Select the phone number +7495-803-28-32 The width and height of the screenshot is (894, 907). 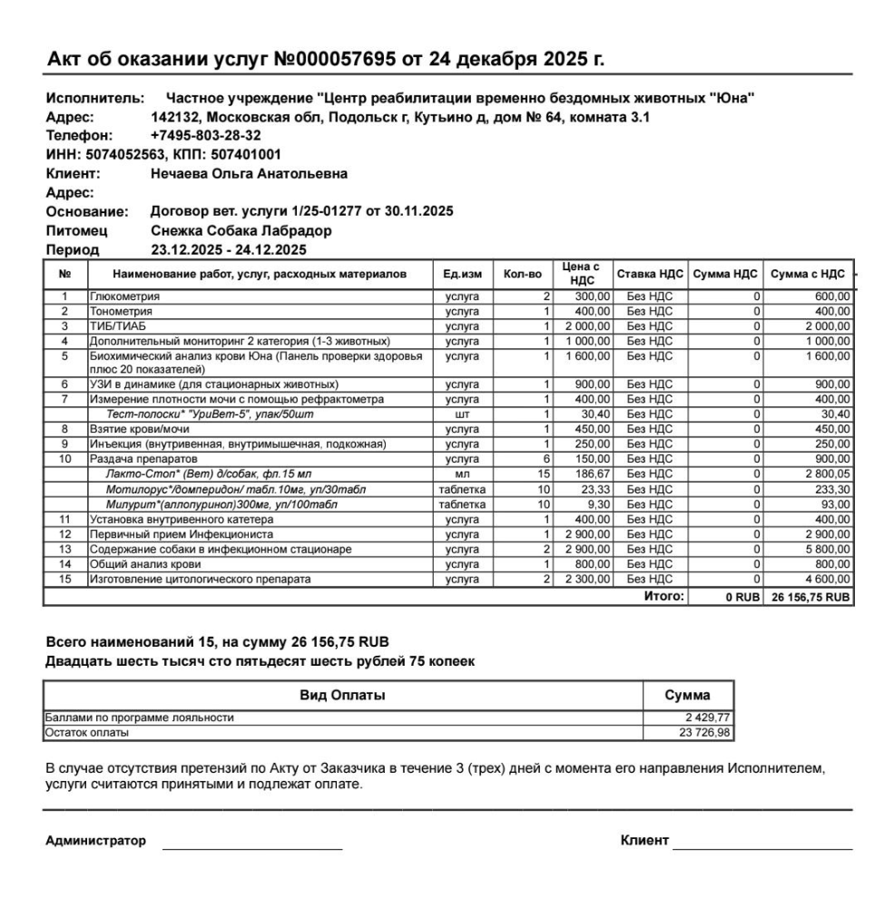click(x=205, y=135)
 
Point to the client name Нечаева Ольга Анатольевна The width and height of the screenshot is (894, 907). click(x=248, y=173)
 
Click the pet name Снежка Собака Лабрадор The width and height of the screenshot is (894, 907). click(x=241, y=230)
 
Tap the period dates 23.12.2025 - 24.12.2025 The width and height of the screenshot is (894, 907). click(x=228, y=249)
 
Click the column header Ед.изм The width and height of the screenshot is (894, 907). click(x=462, y=274)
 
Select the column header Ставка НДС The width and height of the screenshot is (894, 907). click(x=650, y=274)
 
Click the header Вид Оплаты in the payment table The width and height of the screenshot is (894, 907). click(x=342, y=696)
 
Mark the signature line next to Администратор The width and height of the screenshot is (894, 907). click(x=251, y=847)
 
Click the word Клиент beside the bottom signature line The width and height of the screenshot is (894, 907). click(x=644, y=841)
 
